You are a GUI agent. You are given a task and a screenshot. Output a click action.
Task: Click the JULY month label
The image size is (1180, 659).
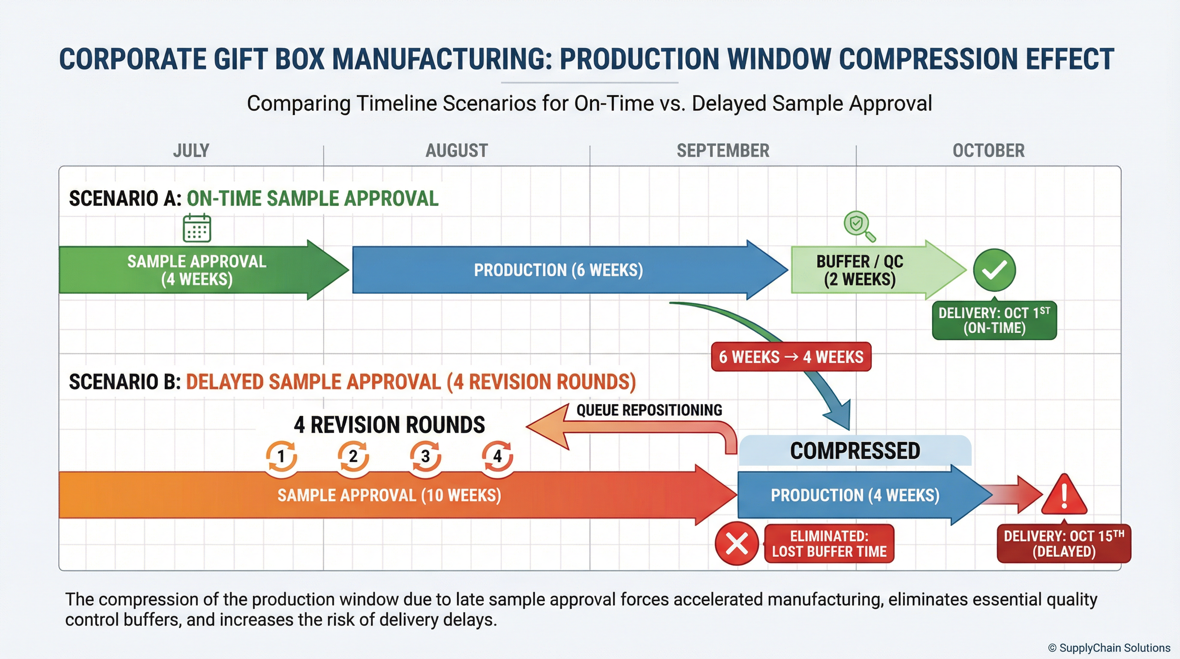coord(191,151)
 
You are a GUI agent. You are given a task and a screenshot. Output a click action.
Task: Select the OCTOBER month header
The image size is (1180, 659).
coord(988,151)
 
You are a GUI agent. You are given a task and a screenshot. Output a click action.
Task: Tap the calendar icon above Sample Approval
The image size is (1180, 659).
coord(197,228)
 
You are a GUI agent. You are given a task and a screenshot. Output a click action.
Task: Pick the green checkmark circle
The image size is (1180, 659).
coord(994,270)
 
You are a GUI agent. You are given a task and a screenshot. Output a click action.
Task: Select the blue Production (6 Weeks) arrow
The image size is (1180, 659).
coord(559,270)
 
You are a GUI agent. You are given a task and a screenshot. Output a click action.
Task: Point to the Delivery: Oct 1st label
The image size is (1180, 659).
coord(994,320)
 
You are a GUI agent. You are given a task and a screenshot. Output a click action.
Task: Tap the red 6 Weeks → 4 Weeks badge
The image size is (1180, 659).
coord(791,357)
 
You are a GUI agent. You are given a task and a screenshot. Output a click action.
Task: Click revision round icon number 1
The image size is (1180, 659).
coord(281,456)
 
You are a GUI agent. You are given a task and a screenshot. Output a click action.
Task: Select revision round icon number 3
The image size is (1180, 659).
coord(425,456)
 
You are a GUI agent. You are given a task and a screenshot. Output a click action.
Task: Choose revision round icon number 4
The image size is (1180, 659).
coord(497,456)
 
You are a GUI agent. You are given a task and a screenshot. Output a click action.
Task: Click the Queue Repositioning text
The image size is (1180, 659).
coord(649,410)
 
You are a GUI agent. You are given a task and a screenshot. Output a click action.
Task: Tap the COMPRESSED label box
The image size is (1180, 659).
coord(855,450)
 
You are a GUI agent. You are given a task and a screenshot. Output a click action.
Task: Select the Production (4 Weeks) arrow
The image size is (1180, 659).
coord(855,495)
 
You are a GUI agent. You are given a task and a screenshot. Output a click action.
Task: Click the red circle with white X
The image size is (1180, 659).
coord(737,544)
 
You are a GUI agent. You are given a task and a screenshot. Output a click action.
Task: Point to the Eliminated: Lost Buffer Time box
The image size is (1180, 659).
coord(829,544)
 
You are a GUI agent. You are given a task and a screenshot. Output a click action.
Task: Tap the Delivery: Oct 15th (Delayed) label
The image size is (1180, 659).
coord(1064,544)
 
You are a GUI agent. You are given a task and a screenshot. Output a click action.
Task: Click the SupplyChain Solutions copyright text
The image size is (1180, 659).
coord(1109,647)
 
